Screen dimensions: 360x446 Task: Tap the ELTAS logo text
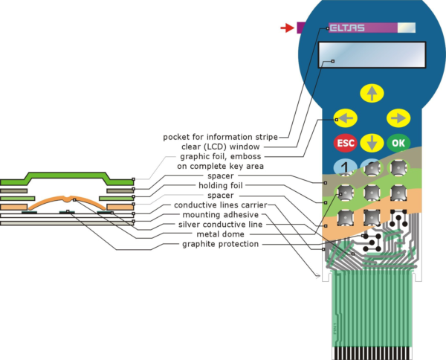tap(346, 28)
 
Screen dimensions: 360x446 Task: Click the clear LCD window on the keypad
tap(372, 55)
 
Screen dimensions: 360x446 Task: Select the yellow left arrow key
tap(346, 118)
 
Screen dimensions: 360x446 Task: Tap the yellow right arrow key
tap(399, 118)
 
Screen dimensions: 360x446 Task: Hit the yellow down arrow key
tap(372, 143)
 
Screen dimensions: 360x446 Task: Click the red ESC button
tap(346, 142)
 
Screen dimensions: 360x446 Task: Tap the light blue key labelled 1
tap(345, 168)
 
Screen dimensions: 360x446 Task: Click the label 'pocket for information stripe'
tap(220, 137)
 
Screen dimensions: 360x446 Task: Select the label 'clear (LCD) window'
tap(230, 147)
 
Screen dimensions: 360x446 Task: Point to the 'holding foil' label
tap(223, 186)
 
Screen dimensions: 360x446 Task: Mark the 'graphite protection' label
tap(221, 244)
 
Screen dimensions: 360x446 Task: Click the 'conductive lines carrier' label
tap(220, 205)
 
